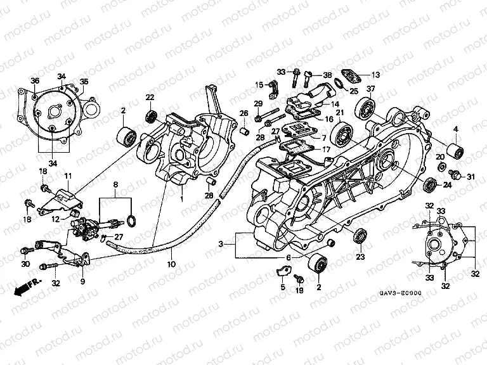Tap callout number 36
point(35,80)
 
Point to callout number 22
point(150,97)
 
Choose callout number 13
point(375,74)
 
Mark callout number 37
point(370,89)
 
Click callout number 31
point(470,176)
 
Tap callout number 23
point(361,257)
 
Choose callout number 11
point(68,175)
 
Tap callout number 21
point(339,113)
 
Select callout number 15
point(259,85)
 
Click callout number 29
point(258,103)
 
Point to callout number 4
point(455,130)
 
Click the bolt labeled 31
point(454,173)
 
